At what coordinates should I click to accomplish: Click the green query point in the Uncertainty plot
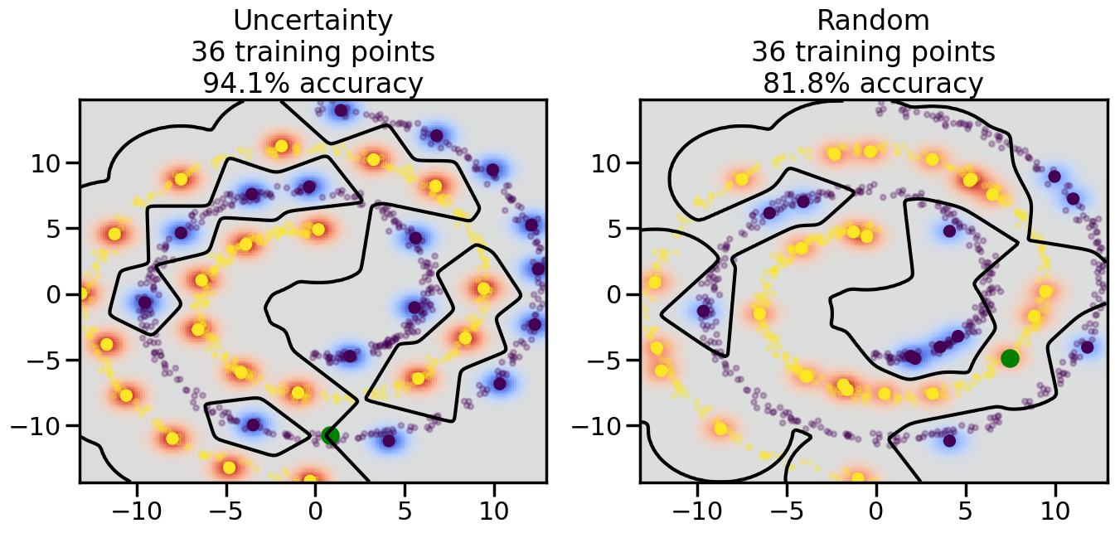330,435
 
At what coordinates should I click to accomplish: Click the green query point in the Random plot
1009,358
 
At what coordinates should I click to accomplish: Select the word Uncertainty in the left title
313,21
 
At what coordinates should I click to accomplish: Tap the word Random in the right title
873,21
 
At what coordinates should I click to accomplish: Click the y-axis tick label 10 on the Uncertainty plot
48,162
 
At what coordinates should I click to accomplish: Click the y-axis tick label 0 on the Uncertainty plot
57,294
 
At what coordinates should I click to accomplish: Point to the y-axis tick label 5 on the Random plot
618,229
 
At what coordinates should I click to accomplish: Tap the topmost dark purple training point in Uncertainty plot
341,110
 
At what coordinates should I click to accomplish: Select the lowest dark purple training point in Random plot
949,440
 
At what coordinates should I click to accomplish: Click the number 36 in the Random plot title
768,52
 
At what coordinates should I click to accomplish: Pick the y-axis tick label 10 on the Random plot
609,162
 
